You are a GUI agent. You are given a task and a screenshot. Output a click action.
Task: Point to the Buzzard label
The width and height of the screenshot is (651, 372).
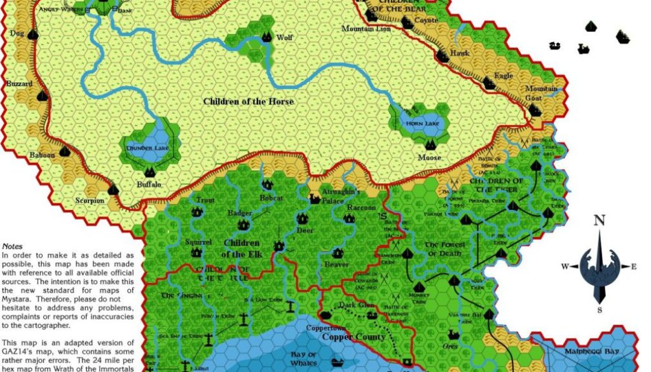click(x=19, y=84)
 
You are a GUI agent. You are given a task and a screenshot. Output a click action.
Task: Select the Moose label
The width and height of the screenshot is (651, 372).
click(x=429, y=158)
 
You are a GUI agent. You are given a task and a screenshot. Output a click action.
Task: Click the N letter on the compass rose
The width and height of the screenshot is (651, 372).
click(x=598, y=221)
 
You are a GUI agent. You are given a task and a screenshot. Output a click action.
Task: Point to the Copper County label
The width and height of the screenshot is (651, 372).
click(x=353, y=336)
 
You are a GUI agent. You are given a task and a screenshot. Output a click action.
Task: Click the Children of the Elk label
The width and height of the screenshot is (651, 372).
click(x=242, y=249)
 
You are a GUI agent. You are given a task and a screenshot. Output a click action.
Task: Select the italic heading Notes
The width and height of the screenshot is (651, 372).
click(x=12, y=245)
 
